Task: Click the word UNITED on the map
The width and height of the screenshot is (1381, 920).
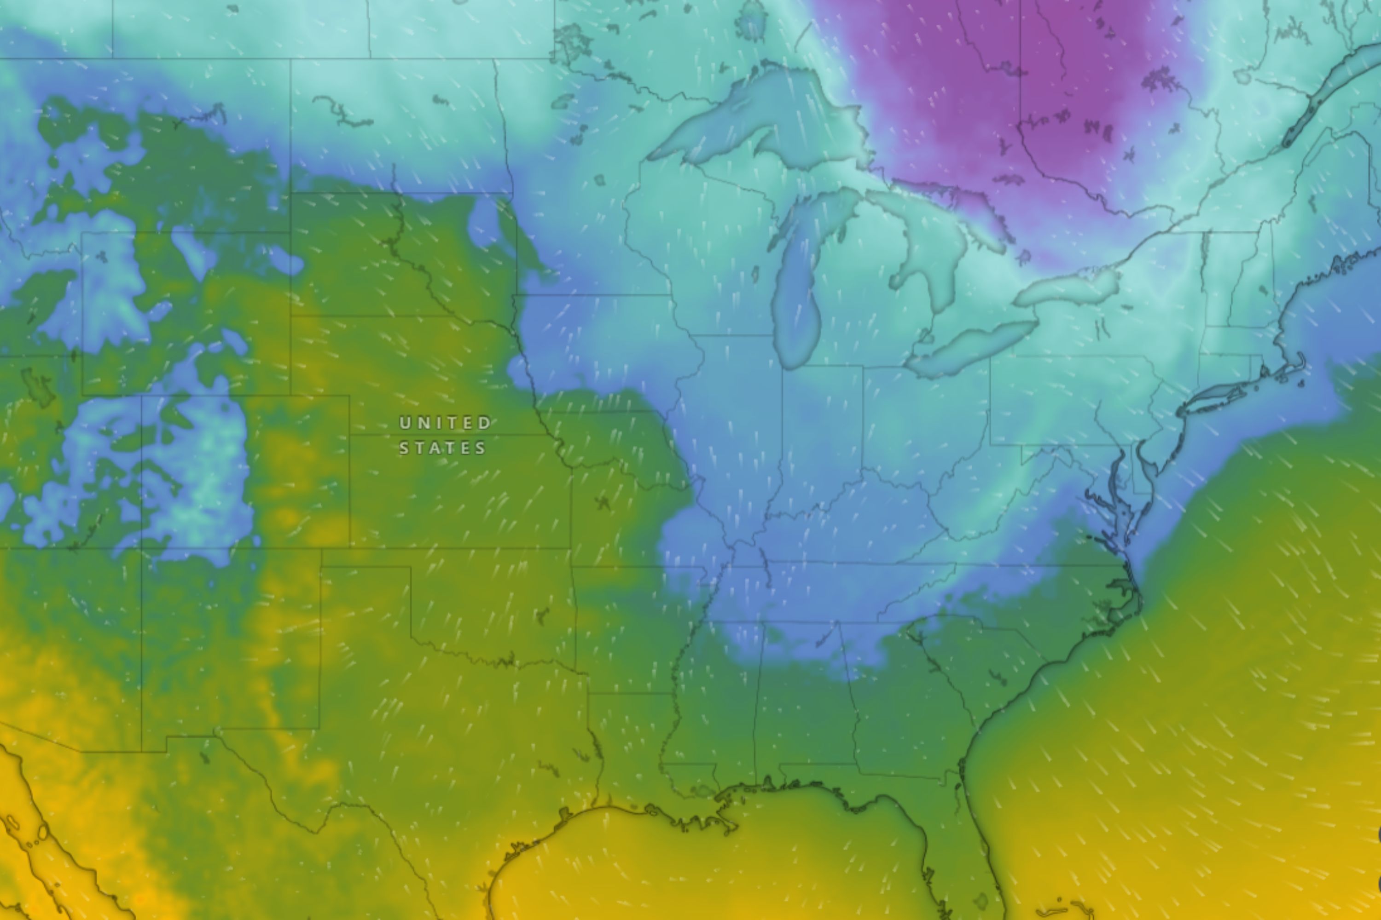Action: [445, 423]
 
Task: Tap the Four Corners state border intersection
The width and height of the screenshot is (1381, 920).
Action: [141, 549]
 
